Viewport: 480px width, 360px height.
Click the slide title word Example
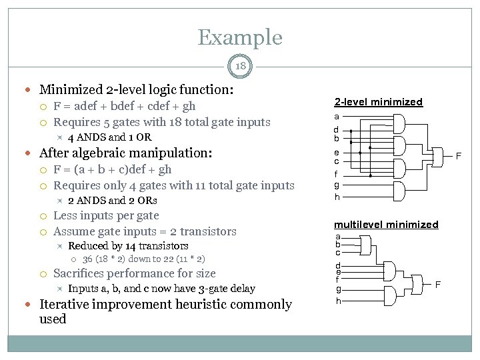(x=240, y=37)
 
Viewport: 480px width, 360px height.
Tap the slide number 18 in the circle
(x=240, y=65)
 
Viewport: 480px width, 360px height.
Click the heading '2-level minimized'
(x=378, y=102)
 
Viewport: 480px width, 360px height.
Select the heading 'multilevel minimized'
(x=386, y=225)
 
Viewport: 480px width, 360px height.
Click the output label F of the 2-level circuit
(x=458, y=157)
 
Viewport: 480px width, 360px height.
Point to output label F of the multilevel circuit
(x=438, y=285)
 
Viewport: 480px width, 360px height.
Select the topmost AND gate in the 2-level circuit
(x=400, y=123)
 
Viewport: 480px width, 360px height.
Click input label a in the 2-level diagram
(x=337, y=117)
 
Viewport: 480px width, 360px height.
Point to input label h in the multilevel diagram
(x=337, y=301)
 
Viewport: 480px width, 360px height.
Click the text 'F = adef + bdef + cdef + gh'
(x=124, y=106)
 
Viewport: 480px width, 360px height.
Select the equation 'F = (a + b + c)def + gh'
(x=112, y=169)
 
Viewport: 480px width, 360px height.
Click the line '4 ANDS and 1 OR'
(x=109, y=137)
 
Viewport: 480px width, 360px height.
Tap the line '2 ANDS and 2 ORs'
(x=113, y=201)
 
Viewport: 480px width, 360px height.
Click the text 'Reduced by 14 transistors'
(x=128, y=246)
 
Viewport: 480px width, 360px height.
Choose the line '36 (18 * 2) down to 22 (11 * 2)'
(x=143, y=259)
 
